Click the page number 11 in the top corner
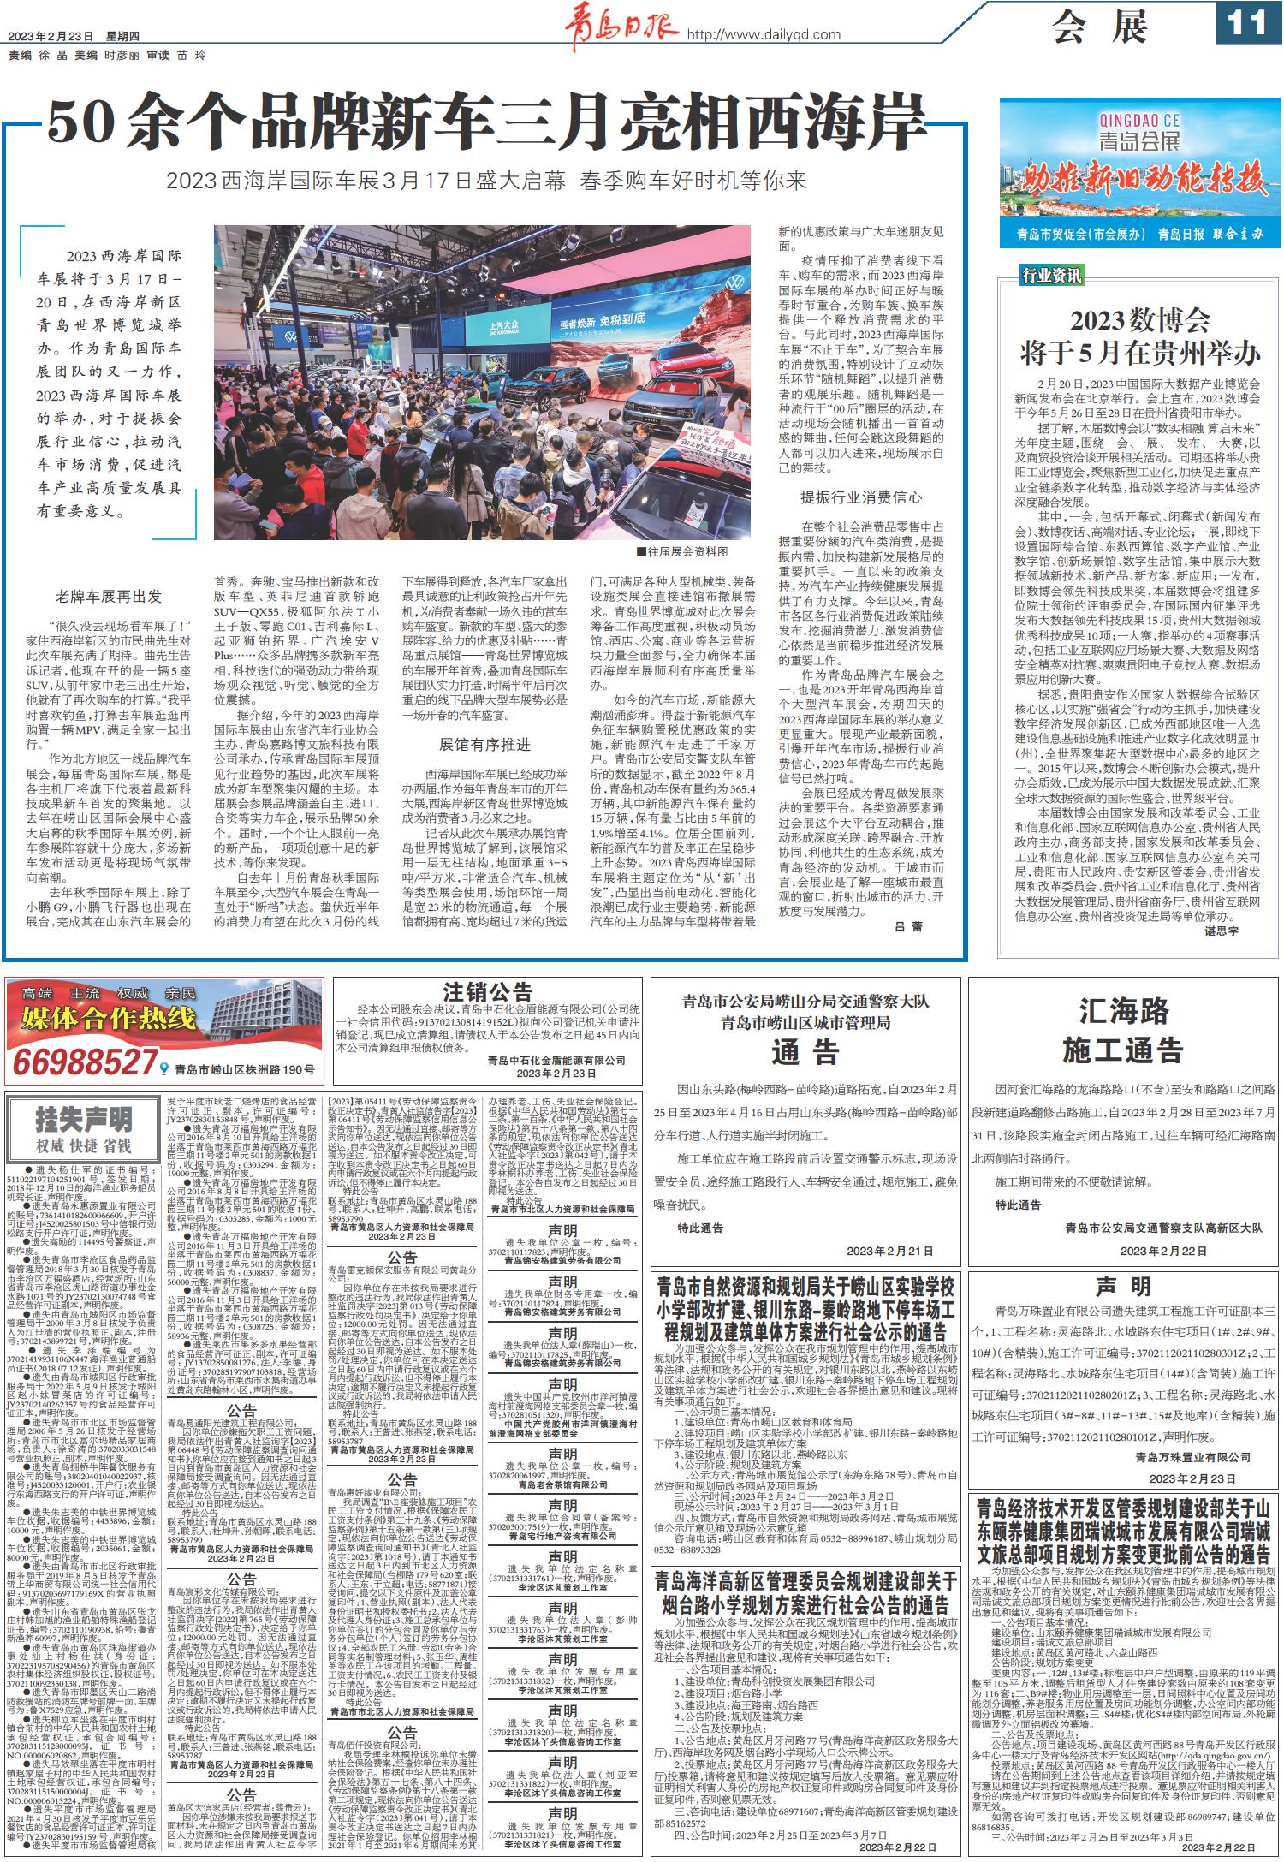(x=1246, y=23)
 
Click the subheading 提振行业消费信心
(x=860, y=497)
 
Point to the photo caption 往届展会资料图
(x=681, y=553)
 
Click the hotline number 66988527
(x=83, y=1063)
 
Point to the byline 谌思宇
(x=1222, y=930)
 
